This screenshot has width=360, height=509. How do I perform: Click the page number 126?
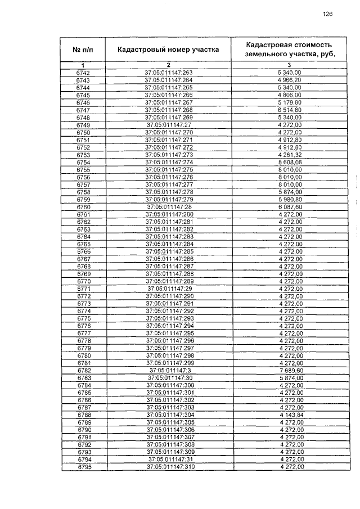[328, 15]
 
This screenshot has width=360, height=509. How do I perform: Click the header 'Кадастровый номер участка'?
[168, 49]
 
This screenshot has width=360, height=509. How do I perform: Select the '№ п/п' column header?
[82, 49]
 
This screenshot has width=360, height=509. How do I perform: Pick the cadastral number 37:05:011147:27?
[169, 125]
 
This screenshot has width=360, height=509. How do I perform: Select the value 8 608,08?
[290, 162]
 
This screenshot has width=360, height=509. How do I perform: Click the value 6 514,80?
[290, 110]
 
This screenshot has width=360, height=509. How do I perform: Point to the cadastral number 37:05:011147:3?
[169, 371]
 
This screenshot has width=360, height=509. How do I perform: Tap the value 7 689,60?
[290, 371]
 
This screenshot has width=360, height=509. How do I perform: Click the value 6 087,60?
[290, 207]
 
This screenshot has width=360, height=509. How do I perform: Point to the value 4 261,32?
[290, 155]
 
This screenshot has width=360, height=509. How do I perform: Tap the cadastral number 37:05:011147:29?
[169, 289]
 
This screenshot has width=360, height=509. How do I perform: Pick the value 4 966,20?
[290, 80]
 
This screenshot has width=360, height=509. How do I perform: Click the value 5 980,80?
[290, 200]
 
